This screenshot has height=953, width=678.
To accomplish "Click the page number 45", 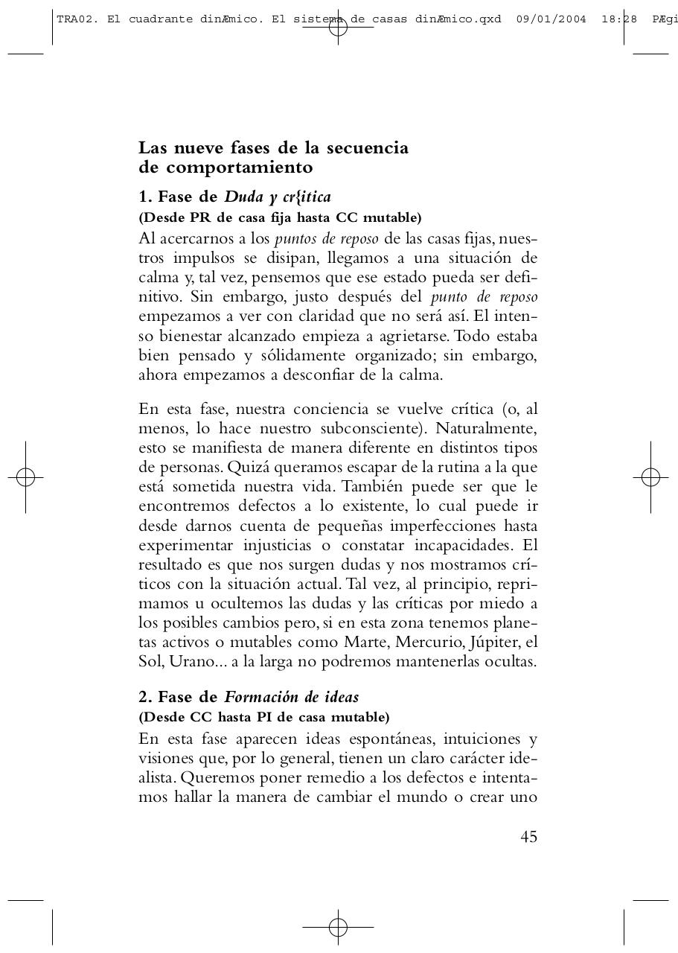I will click(x=528, y=837).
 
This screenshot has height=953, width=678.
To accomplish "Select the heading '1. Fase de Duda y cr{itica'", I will click(x=234, y=197).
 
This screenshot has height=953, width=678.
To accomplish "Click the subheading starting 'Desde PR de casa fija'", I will click(x=280, y=217).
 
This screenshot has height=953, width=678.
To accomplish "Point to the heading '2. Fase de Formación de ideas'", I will click(x=249, y=698).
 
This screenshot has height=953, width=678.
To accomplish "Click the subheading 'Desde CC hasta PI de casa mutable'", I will click(x=263, y=717).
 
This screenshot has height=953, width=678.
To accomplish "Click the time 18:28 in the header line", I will click(x=619, y=19).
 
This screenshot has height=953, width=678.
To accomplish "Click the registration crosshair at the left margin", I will click(x=25, y=477).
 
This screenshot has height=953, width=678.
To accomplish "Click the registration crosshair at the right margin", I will click(x=650, y=477).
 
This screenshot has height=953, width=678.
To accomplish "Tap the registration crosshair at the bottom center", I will click(x=338, y=927).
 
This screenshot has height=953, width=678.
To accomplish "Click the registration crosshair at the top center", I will click(x=338, y=28).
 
